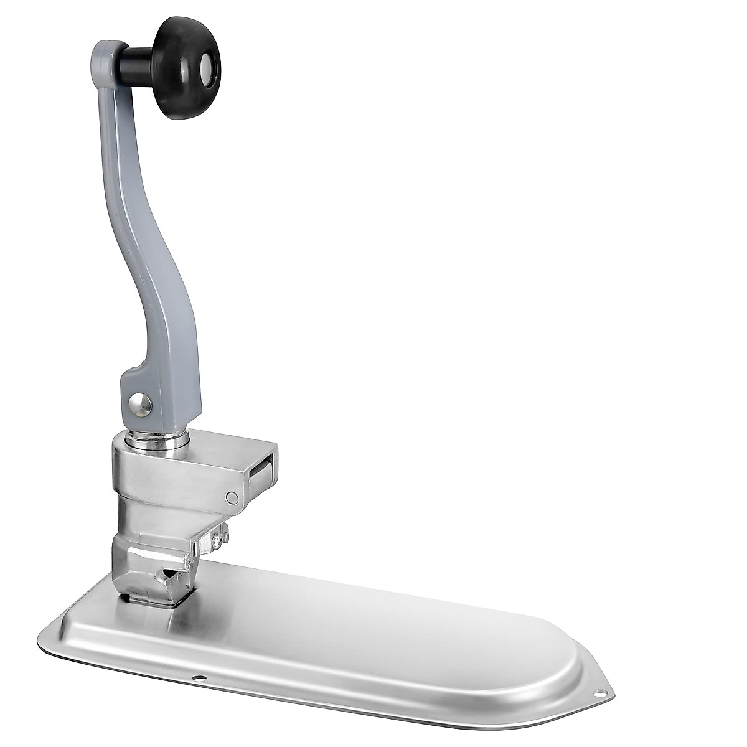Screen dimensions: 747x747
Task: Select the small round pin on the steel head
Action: (232, 497)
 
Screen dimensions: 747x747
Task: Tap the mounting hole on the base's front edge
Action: (198, 677)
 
